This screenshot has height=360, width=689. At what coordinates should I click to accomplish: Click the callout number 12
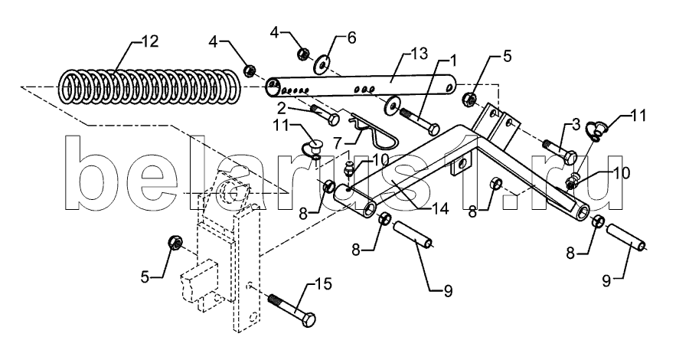pos(149,42)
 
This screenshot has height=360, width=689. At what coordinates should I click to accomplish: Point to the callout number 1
pos(452,59)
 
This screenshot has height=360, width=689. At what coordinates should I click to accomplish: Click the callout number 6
pos(351,38)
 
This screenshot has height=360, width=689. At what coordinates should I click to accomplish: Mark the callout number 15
pos(324,285)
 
